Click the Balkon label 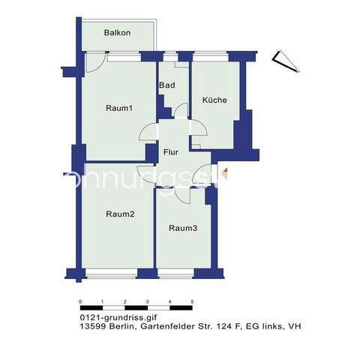(118, 33)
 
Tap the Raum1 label (119, 109)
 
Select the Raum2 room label (120, 214)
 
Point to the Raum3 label (182, 228)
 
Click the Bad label (166, 85)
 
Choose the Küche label (214, 100)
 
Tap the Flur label (170, 152)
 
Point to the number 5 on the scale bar (192, 301)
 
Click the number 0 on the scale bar (80, 301)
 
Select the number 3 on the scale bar (147, 301)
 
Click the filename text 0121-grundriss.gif (109, 318)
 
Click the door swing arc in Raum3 (183, 196)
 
